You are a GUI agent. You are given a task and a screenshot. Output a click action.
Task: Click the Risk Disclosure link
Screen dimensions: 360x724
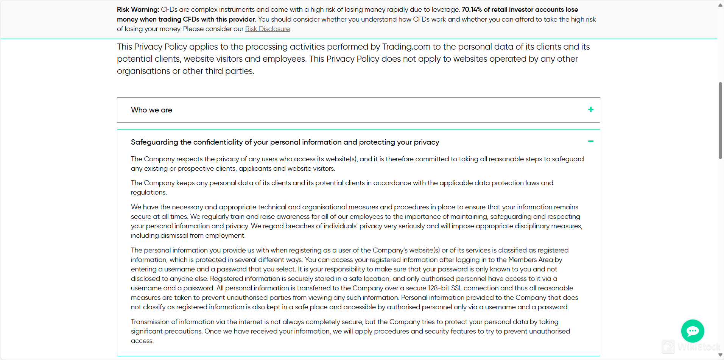click(x=267, y=29)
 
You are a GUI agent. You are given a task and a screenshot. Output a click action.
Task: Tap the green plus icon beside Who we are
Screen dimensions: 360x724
click(x=590, y=109)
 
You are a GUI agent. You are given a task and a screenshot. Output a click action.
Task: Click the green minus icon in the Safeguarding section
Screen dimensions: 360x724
click(x=590, y=141)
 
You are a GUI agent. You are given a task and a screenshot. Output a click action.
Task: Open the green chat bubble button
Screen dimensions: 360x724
click(x=692, y=331)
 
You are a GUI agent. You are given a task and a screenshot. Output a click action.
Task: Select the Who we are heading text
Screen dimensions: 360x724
click(x=151, y=110)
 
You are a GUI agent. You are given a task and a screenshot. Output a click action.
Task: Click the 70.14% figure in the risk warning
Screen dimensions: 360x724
click(x=472, y=9)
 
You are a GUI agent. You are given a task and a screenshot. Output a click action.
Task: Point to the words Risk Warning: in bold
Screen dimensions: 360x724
click(x=138, y=9)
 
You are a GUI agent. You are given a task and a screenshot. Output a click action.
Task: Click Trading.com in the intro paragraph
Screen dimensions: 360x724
click(x=406, y=47)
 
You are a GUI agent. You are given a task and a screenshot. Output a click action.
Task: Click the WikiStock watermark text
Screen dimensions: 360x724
click(x=699, y=347)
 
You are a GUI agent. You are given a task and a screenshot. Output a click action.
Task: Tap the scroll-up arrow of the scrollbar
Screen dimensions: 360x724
click(x=720, y=5)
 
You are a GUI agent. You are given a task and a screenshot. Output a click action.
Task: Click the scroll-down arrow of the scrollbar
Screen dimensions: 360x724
click(x=720, y=355)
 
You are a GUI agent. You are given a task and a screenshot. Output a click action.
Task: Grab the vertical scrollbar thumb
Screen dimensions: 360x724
click(x=720, y=120)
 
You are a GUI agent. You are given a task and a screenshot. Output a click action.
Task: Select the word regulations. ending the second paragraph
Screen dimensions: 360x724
click(x=149, y=192)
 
